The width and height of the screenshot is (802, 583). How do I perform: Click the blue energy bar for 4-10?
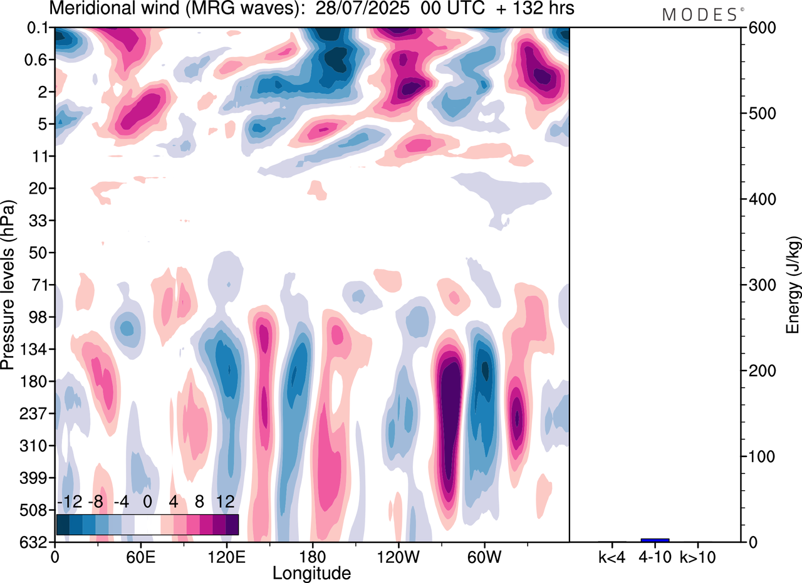655,540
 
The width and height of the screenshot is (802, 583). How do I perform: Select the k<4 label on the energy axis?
612,556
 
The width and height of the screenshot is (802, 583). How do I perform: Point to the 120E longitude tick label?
226,556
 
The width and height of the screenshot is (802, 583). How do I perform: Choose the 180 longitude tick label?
313,556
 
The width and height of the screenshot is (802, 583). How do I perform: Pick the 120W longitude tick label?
398,556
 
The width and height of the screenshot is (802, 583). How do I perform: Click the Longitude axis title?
311,572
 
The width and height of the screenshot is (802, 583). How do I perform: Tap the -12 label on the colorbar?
70,502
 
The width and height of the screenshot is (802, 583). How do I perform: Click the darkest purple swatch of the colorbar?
232,525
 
